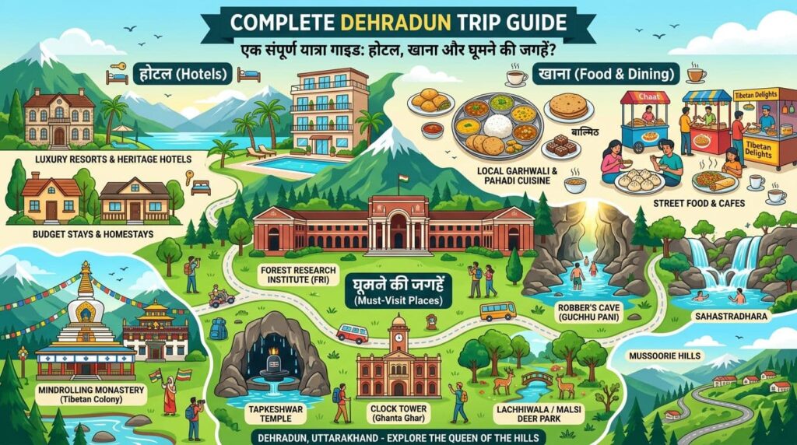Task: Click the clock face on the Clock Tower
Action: click(399, 338)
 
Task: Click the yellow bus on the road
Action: click(498, 311)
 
